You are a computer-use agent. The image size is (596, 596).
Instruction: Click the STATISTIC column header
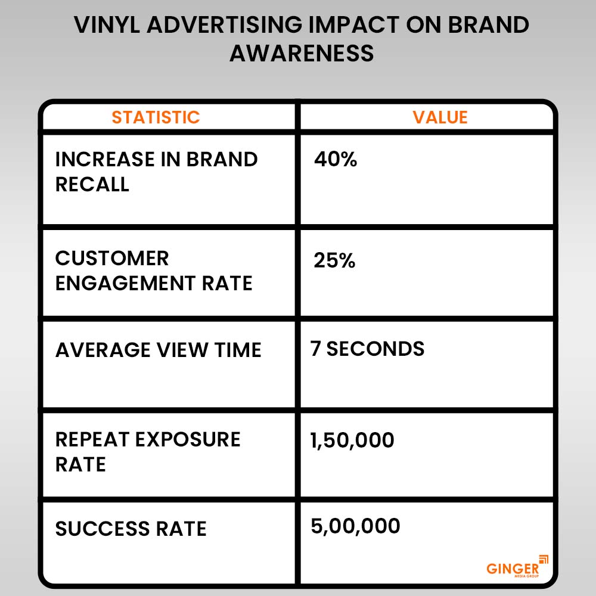tap(156, 117)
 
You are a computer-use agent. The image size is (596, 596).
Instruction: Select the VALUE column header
tap(440, 117)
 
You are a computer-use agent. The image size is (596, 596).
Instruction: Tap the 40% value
tap(335, 160)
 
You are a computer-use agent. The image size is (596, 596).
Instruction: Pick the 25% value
tap(334, 260)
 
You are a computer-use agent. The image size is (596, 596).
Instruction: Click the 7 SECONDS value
tap(367, 349)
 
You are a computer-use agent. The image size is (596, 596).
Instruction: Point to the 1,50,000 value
tap(352, 440)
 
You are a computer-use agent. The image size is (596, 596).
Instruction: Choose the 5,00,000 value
tap(355, 526)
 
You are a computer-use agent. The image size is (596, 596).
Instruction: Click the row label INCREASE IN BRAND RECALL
tap(156, 172)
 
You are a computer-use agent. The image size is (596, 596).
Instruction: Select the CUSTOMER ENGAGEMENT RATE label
tap(154, 271)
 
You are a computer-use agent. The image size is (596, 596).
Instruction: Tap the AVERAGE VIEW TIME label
tap(158, 350)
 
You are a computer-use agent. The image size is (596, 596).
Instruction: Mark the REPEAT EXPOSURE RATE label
tap(148, 452)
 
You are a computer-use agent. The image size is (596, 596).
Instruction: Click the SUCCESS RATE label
tap(131, 529)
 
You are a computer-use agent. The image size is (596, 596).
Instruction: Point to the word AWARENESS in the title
tap(302, 53)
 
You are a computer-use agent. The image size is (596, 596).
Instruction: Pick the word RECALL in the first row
tap(92, 184)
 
